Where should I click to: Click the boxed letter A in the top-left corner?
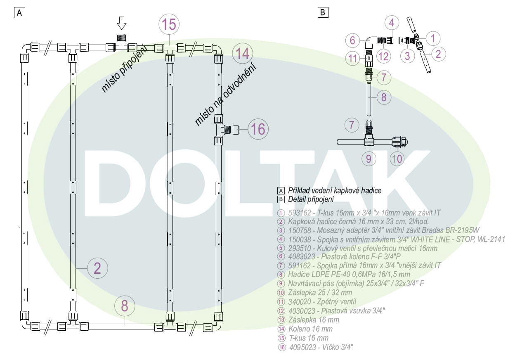(19, 12)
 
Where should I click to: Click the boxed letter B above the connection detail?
(323, 12)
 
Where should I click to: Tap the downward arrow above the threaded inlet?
(122, 23)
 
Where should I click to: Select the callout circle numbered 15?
(169, 24)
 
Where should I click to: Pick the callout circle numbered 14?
(243, 54)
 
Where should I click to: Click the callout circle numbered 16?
(258, 129)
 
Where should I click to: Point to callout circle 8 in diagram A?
(125, 306)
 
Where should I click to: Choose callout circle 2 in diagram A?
(97, 268)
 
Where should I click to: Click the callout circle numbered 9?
(369, 159)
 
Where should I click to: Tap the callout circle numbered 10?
(397, 159)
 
